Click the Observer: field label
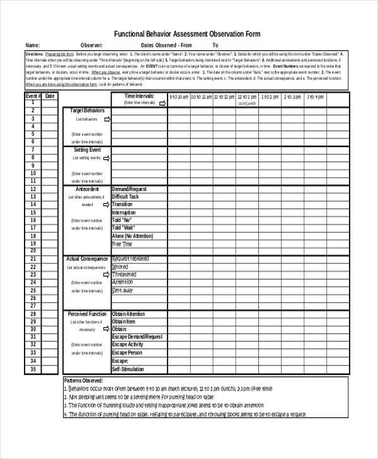pyautogui.click(x=92, y=45)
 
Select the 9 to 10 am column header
pyautogui.click(x=178, y=97)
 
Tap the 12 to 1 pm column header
pyautogui.click(x=247, y=97)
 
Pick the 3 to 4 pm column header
pyautogui.click(x=315, y=97)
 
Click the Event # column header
pyautogui.click(x=33, y=96)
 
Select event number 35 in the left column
pyautogui.click(x=33, y=369)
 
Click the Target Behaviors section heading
pyautogui.click(x=88, y=110)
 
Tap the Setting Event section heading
pyautogui.click(x=87, y=150)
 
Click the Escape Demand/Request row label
pyautogui.click(x=137, y=337)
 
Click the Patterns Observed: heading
pyautogui.click(x=84, y=381)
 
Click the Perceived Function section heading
pyautogui.click(x=87, y=314)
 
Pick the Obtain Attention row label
pyautogui.click(x=128, y=314)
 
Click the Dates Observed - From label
pyautogui.click(x=166, y=45)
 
